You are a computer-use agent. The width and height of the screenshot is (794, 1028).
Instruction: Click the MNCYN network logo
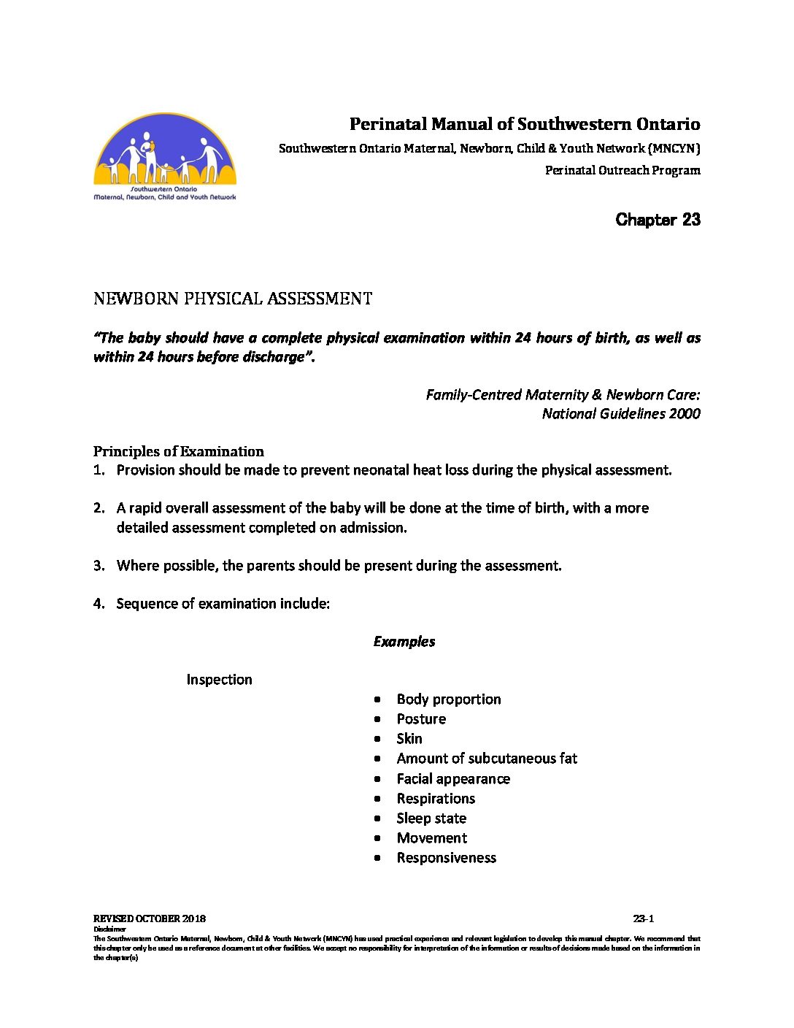point(165,156)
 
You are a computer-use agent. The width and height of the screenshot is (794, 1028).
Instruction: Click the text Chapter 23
point(658,220)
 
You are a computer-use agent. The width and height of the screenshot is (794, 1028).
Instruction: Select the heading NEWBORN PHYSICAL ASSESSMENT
point(233,299)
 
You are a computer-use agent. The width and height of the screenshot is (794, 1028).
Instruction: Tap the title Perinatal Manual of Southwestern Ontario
point(524,124)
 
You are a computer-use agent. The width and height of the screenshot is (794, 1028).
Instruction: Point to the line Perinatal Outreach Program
point(622,171)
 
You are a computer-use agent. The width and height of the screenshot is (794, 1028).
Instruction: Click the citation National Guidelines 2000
point(620,414)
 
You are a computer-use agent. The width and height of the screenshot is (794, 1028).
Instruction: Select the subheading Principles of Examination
point(178,451)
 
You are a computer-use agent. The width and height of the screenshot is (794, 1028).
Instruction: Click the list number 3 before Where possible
point(99,566)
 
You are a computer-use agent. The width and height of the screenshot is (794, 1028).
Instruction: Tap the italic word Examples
point(404,642)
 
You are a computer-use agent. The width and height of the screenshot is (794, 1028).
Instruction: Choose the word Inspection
point(219,680)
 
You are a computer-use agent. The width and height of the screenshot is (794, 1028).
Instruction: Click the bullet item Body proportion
point(448,699)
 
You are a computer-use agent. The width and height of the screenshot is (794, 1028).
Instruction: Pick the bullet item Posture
point(421,719)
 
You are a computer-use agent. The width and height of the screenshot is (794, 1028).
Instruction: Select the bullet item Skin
point(409,739)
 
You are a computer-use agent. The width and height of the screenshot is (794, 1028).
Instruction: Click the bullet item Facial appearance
point(452,779)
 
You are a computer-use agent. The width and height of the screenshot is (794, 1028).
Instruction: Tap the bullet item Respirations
point(436,799)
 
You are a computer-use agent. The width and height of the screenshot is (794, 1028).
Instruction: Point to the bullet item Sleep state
point(431,818)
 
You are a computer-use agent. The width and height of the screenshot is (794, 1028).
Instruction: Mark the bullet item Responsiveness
point(446,858)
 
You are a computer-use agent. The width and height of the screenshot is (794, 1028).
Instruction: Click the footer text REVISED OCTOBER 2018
point(149,918)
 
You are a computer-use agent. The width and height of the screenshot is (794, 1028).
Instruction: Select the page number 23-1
point(643,918)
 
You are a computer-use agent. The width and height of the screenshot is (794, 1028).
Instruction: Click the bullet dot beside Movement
point(377,838)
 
